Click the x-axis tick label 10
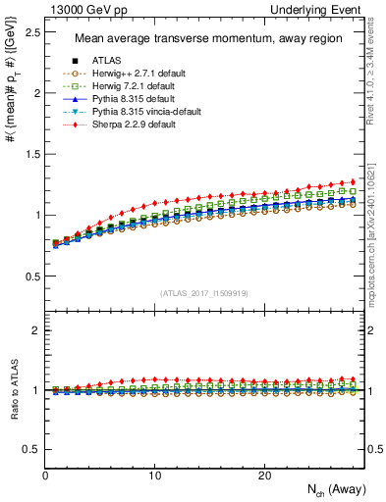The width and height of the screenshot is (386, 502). coord(154,475)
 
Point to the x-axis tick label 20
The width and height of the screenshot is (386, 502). coord(263,475)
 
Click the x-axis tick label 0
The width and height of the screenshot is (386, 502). coord(46,475)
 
